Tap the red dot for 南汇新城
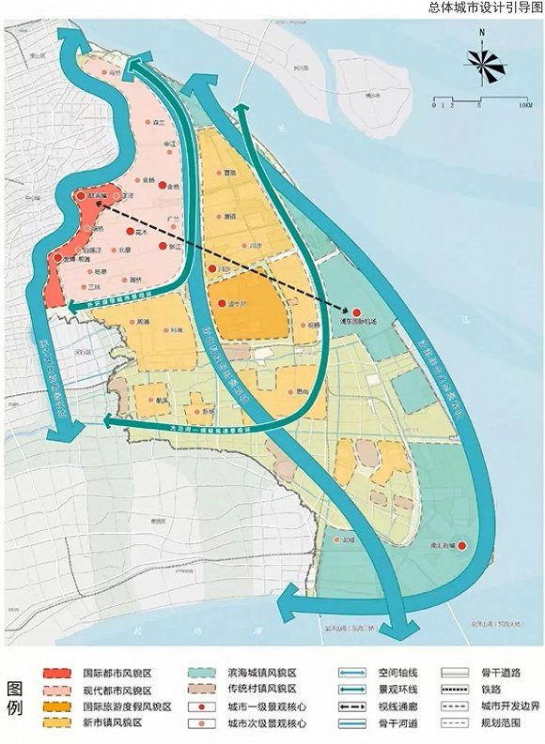pos(461,546)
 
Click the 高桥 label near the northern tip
pos(116,71)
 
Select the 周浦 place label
pos(143,322)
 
